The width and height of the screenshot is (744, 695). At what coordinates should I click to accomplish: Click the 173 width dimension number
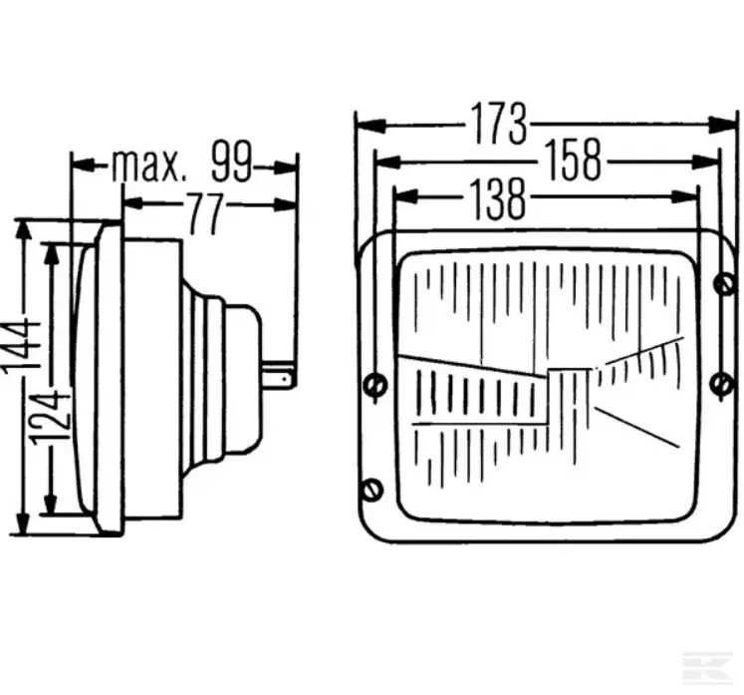pos(498,124)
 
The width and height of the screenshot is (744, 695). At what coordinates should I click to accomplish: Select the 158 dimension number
pos(574,160)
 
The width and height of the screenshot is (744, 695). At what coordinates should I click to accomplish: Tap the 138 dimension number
pos(498,199)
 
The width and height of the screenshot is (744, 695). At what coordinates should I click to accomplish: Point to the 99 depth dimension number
pos(231,162)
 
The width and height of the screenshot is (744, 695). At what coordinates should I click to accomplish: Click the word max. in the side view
pos(146,166)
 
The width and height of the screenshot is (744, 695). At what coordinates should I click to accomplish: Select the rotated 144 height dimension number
pos(20,346)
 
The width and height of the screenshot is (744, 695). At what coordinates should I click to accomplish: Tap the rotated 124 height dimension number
pos(51,418)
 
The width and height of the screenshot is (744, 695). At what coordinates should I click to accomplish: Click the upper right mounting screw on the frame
pos(724,284)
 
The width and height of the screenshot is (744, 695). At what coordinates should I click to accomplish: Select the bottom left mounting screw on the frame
pos(372,490)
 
